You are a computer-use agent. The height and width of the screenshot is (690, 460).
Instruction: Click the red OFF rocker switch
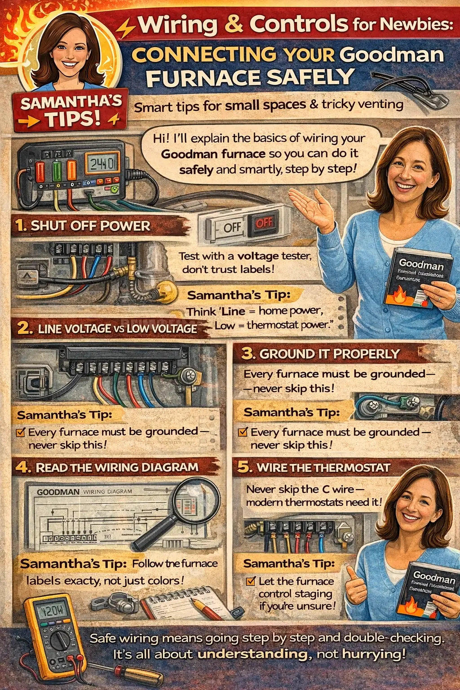264,223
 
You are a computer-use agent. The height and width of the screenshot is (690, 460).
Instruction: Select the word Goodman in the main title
391,55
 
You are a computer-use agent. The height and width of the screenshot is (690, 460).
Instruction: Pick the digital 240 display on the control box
102,163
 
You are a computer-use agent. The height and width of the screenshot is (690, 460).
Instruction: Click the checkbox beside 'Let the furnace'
251,581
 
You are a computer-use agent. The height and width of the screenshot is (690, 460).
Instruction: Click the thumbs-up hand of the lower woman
355,584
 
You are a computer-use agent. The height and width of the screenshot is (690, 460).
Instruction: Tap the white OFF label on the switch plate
232,227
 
